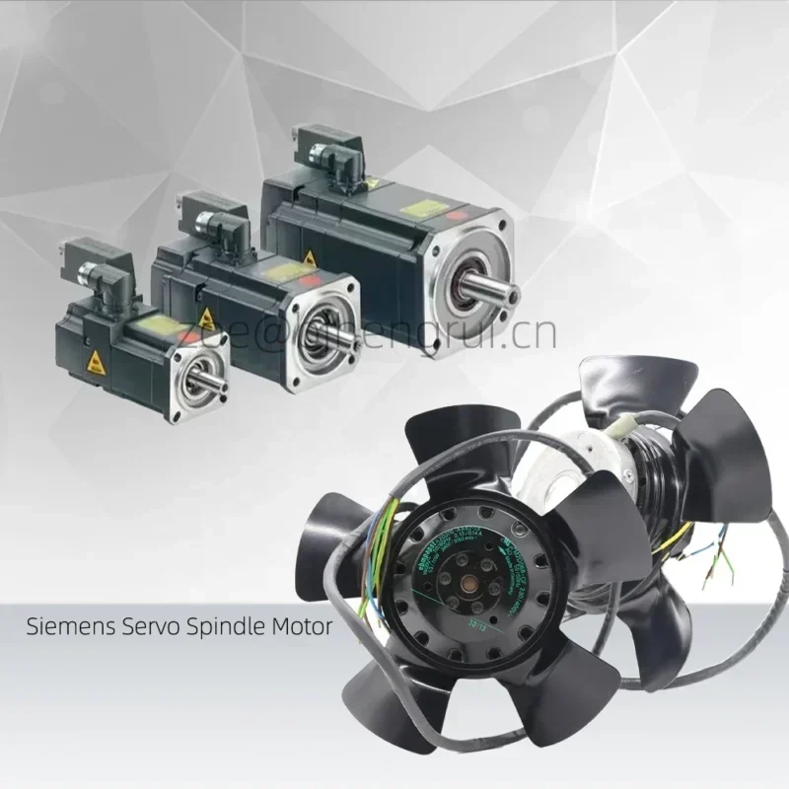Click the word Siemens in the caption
[x=58, y=625]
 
